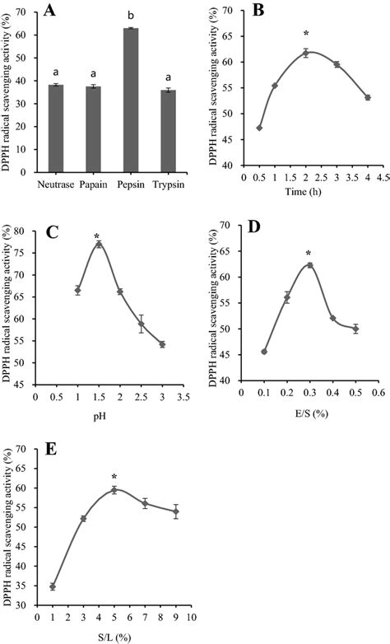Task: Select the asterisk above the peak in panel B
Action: coord(306,34)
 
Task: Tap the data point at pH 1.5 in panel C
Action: coord(99,244)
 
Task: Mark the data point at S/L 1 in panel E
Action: coord(52,586)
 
